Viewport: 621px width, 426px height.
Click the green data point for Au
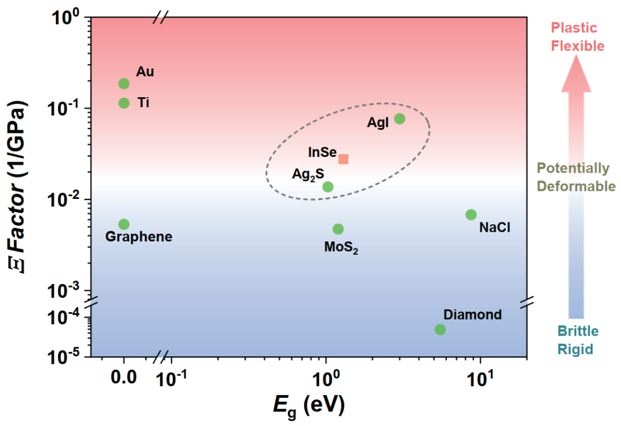(x=124, y=83)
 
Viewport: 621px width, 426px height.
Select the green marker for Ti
(x=124, y=103)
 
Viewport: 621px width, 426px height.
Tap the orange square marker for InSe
(x=343, y=159)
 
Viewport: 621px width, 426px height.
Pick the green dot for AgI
(x=400, y=118)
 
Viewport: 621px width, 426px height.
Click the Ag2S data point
(x=328, y=186)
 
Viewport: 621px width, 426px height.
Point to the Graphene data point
(x=124, y=224)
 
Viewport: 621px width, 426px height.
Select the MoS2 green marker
(x=338, y=229)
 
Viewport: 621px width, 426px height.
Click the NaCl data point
(x=471, y=214)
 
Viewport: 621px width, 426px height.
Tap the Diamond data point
(x=440, y=329)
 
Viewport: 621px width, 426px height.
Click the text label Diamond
(x=472, y=315)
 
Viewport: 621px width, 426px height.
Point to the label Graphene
(x=139, y=237)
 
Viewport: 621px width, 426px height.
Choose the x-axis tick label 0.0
(x=124, y=378)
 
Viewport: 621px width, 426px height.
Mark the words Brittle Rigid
(x=577, y=340)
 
